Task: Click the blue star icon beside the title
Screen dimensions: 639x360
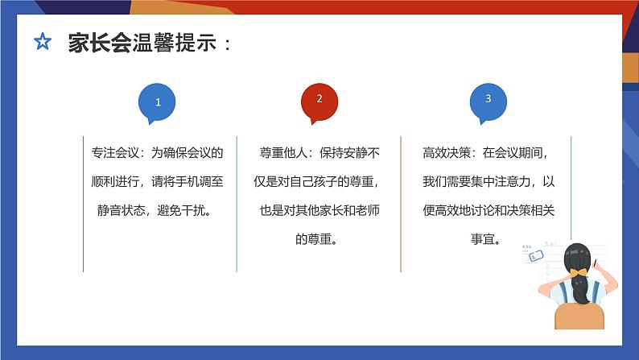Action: (x=43, y=42)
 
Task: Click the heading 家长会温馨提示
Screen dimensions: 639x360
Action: (x=142, y=43)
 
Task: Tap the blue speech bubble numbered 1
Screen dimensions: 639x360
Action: (x=157, y=103)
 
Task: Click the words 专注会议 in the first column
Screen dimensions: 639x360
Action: (x=115, y=153)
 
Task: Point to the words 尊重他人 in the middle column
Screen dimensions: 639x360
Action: (x=283, y=153)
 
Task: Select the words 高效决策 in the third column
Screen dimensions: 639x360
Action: (x=447, y=153)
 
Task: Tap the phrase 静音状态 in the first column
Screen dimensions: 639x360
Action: (x=121, y=210)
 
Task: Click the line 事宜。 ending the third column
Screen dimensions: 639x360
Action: (x=486, y=239)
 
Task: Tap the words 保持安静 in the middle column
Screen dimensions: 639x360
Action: (x=344, y=153)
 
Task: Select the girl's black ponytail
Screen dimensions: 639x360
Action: (x=580, y=290)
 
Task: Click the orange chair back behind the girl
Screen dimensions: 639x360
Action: (x=579, y=317)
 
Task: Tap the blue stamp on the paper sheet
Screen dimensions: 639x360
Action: (x=536, y=255)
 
